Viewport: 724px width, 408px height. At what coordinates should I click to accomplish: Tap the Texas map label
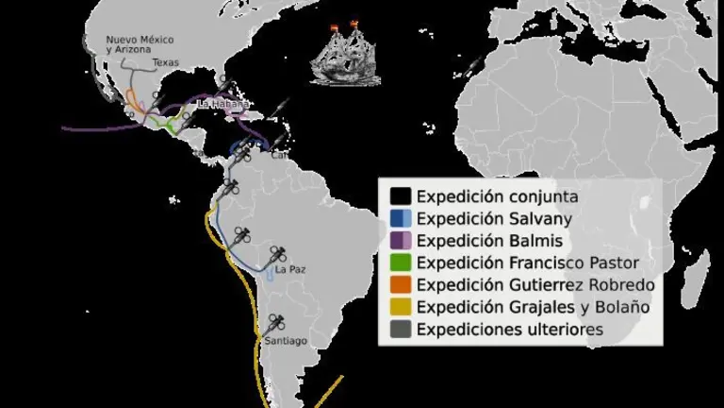click(x=165, y=62)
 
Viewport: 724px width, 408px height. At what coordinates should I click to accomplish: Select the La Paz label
click(x=289, y=270)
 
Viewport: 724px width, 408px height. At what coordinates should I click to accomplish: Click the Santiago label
click(x=286, y=340)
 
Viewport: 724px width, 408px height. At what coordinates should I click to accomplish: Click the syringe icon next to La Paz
click(x=278, y=253)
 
